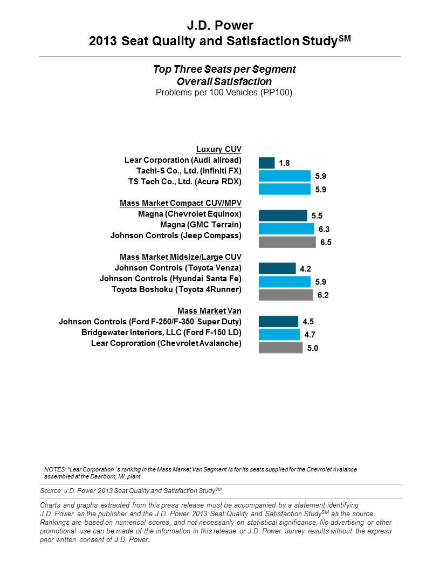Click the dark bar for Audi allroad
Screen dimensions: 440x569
point(266,163)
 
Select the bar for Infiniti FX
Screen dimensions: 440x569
point(285,176)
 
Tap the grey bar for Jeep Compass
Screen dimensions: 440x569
point(287,242)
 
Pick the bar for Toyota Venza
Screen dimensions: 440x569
point(277,268)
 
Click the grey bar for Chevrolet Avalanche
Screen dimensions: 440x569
point(280,348)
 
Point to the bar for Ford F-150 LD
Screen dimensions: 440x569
point(279,335)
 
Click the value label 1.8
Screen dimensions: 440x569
point(284,163)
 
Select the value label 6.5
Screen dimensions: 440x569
point(326,242)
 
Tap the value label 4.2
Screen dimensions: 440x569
point(305,269)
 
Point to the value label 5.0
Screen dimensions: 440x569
point(313,349)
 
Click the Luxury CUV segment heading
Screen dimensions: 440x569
point(218,149)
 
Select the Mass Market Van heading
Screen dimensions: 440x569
point(209,311)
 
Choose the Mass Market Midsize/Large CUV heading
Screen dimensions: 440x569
point(181,257)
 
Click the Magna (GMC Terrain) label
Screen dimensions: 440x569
point(201,225)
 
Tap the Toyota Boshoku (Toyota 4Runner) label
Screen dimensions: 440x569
point(176,289)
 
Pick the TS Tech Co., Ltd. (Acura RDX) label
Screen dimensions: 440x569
point(185,182)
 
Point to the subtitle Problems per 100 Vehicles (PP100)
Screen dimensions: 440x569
point(224,93)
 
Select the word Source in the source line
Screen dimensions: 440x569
point(51,491)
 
